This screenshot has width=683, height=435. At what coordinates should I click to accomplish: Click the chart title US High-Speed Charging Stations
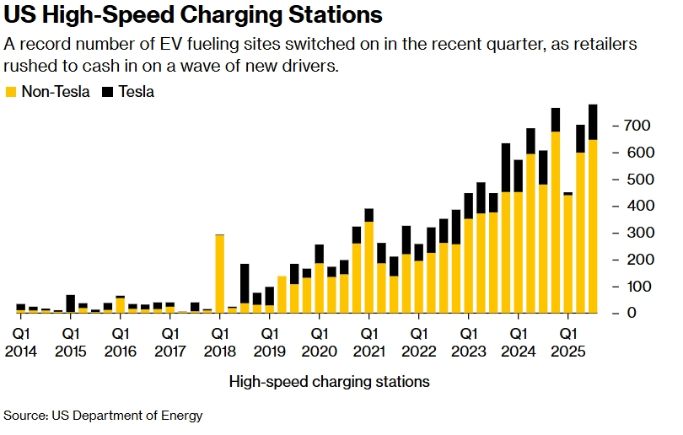click(x=193, y=16)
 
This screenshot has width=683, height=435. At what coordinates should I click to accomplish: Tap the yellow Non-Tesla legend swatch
click(x=10, y=91)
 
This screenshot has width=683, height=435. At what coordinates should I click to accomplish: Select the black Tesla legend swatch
click(x=107, y=91)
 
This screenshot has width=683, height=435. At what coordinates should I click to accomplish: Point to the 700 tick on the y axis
click(x=637, y=126)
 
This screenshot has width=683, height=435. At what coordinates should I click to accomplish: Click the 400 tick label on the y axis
click(x=637, y=206)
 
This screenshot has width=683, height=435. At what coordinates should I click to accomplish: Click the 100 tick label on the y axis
click(x=637, y=287)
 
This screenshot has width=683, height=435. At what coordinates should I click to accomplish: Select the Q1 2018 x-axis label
click(x=220, y=341)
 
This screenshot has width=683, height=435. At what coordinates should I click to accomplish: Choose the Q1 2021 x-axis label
click(x=369, y=341)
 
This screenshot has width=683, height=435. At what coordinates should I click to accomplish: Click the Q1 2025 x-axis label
click(x=567, y=341)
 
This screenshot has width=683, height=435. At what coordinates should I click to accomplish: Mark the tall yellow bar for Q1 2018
click(x=220, y=274)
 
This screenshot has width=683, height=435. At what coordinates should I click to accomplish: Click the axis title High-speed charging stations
click(x=329, y=382)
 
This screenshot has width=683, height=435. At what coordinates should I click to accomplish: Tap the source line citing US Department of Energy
click(x=103, y=416)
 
